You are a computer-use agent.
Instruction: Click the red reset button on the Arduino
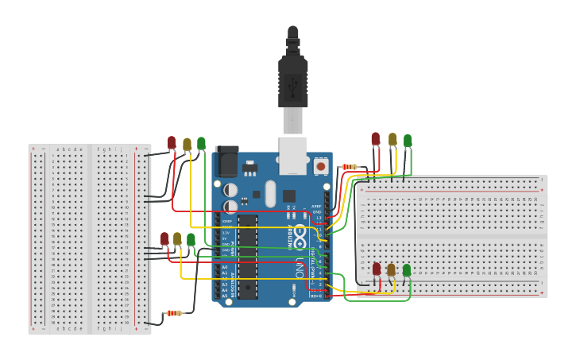(x=321, y=166)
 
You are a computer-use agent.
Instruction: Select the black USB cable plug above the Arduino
(x=292, y=79)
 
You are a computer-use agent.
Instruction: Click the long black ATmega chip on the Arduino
(x=247, y=254)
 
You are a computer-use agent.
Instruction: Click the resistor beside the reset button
(x=348, y=167)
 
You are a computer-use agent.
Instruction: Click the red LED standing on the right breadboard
(x=377, y=269)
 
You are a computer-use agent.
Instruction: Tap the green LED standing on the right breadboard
(x=407, y=270)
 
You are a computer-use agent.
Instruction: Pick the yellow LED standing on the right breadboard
(x=391, y=269)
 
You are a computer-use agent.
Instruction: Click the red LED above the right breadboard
(x=376, y=139)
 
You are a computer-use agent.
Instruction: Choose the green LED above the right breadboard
(x=408, y=141)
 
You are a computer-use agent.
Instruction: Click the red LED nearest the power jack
(x=172, y=142)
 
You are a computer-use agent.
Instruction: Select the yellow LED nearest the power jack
(x=187, y=144)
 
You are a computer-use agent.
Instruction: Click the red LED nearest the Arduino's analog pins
(x=164, y=238)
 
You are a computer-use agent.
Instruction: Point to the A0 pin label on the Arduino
(x=224, y=267)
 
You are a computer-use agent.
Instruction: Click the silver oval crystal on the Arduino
(x=269, y=192)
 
